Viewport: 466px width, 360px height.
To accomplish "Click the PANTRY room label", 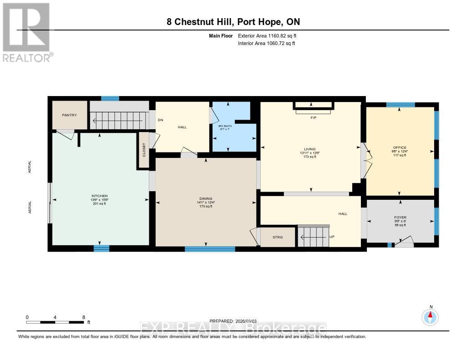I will click(70, 115).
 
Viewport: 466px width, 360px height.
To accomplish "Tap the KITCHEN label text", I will click(99, 196).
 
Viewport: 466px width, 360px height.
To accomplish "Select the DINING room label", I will click(206, 198).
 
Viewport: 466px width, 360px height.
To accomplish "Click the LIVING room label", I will click(309, 149).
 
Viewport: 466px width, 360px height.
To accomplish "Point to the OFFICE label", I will click(400, 147).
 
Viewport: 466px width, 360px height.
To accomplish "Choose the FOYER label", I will click(400, 218).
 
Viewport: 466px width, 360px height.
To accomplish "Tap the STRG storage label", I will click(278, 237).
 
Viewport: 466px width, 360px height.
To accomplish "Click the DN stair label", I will click(160, 120).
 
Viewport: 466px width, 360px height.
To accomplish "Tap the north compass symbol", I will click(430, 316).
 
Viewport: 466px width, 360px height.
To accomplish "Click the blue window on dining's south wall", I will click(210, 249).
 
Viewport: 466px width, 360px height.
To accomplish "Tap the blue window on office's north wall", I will click(400, 105).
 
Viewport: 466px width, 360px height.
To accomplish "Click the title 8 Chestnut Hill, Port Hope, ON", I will click(233, 22).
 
